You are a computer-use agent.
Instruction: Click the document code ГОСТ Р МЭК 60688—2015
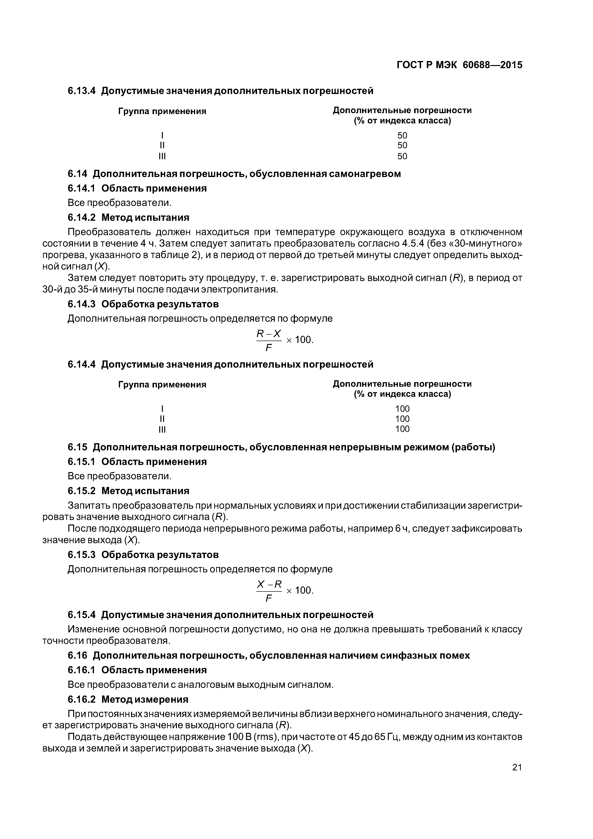click(x=459, y=65)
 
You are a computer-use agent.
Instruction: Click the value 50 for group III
click(x=402, y=156)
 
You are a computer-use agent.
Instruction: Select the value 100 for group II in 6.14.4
click(x=402, y=419)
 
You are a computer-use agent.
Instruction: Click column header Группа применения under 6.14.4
click(x=162, y=384)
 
